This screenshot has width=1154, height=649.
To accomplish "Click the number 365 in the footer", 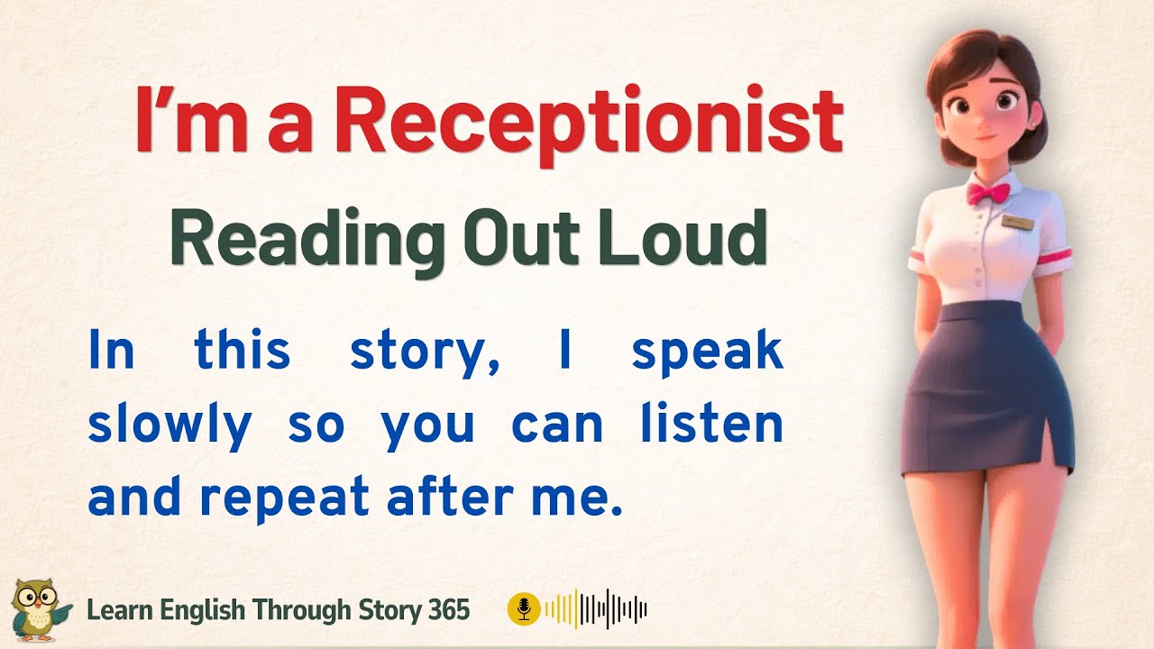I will point(446,610).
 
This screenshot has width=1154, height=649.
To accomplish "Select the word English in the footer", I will point(204,610).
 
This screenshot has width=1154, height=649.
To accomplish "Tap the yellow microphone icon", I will point(523,609).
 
